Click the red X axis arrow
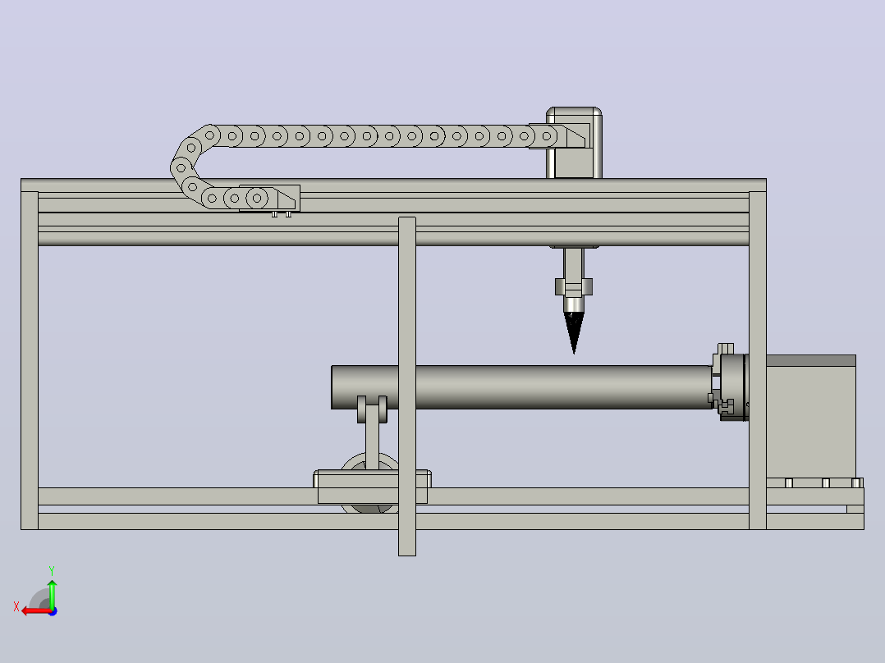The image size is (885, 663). [36, 611]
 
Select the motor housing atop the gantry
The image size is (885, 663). [574, 142]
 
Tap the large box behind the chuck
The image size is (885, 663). [811, 417]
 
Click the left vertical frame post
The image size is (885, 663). [30, 360]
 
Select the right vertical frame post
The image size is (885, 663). [758, 360]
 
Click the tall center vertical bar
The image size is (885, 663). [407, 386]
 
